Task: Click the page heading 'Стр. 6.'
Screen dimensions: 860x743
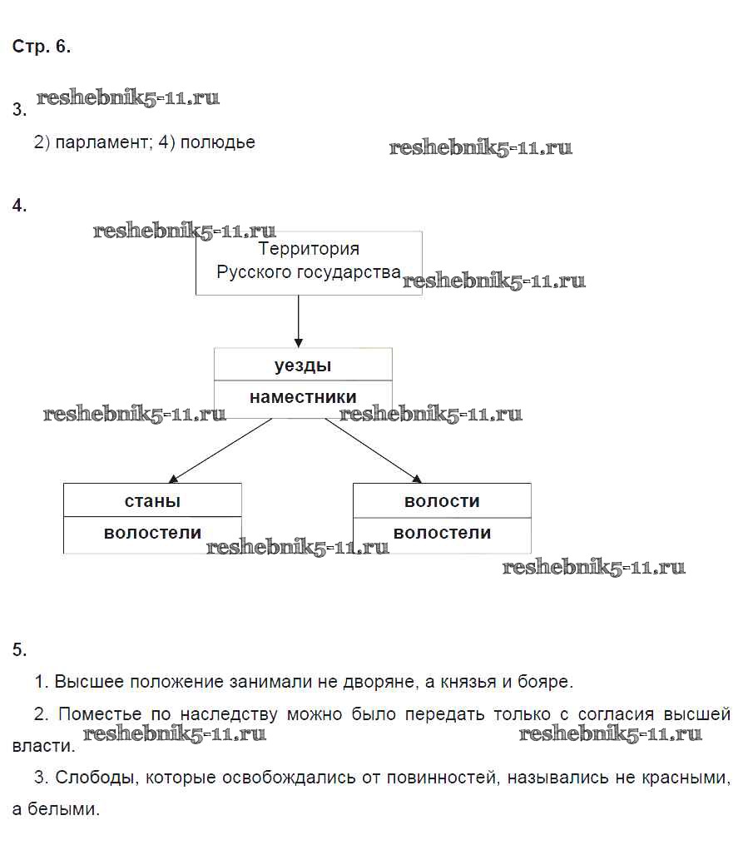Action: point(42,47)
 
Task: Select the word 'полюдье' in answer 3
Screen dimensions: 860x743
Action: point(218,142)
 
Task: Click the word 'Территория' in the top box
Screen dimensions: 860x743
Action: point(309,249)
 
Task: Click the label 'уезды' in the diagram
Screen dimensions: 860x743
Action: point(303,365)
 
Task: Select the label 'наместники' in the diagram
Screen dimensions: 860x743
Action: point(303,398)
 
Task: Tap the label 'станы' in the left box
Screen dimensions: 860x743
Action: point(152,501)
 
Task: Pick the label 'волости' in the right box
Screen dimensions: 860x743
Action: point(442,501)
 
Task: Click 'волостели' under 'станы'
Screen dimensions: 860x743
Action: point(152,533)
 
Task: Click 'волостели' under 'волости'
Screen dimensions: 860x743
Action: point(442,533)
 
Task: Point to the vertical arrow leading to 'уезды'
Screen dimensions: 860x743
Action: point(299,321)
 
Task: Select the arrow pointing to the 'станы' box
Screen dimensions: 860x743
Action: point(220,450)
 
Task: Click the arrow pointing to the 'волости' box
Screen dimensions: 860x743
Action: point(374,450)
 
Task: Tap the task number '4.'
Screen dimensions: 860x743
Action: point(20,206)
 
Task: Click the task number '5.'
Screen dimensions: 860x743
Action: point(20,650)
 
